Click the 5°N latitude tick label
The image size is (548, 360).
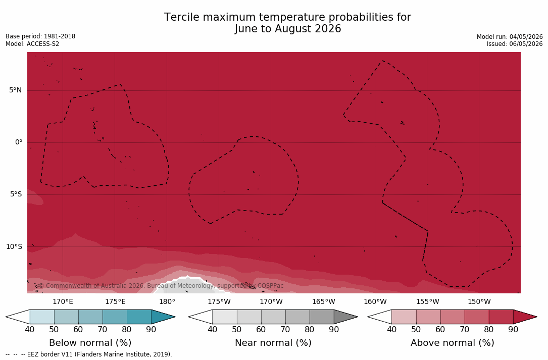(x=15, y=90)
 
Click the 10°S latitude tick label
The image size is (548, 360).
(x=14, y=247)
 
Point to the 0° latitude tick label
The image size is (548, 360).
(x=19, y=142)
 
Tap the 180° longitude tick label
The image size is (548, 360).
(x=167, y=301)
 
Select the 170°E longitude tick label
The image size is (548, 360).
(x=63, y=301)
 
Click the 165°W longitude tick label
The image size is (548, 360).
(x=324, y=301)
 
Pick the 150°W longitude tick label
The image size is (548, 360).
(x=479, y=301)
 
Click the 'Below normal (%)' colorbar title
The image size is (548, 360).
(x=90, y=343)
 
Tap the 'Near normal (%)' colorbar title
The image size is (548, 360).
(x=273, y=343)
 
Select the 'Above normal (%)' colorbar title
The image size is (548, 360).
(x=452, y=343)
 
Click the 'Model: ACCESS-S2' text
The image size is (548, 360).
(x=32, y=44)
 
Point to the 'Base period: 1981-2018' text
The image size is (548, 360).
(x=40, y=36)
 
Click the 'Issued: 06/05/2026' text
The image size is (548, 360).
(x=515, y=44)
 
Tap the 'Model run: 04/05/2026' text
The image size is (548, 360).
(x=510, y=37)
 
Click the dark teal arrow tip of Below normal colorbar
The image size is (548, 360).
(x=174, y=317)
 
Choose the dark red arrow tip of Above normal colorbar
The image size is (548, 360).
(x=535, y=317)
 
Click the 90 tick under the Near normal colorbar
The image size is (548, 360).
(x=334, y=329)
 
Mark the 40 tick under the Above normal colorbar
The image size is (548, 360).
(x=391, y=329)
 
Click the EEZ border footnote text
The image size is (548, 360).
(x=89, y=354)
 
